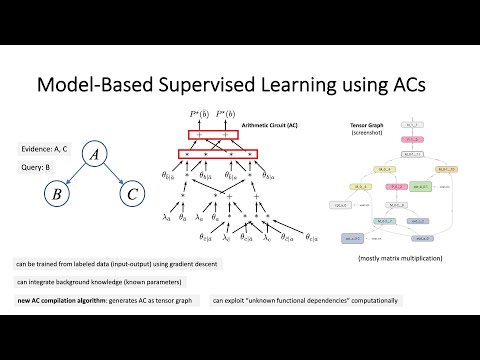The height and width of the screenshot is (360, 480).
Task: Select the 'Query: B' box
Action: coord(38,168)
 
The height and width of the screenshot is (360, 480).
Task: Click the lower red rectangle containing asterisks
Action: coord(216,156)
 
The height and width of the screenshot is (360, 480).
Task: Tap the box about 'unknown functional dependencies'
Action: coord(304,299)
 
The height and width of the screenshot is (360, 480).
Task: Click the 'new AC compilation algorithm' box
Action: coord(104,299)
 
